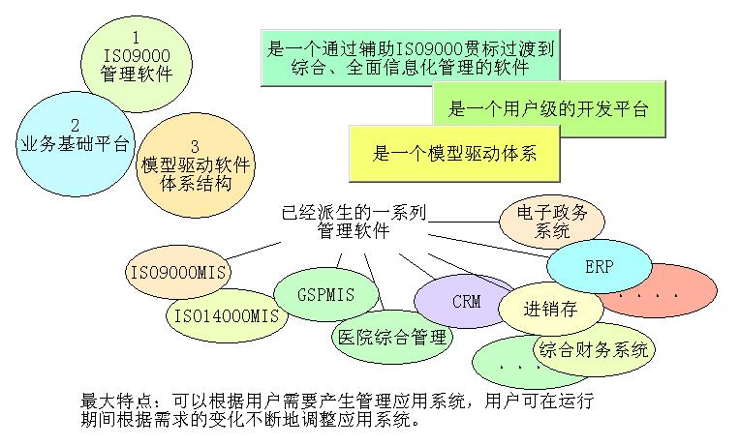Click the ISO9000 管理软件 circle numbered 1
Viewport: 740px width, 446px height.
pos(137,55)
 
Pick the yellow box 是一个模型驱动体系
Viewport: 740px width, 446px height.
pos(454,153)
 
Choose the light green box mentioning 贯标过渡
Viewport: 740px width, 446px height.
pos(412,56)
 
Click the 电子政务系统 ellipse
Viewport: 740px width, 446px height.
pos(553,222)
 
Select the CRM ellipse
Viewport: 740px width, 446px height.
pos(466,301)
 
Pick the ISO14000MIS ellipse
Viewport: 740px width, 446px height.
pos(224,315)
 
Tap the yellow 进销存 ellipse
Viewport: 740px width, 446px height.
pos(550,311)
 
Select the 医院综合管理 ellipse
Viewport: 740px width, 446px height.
pos(391,338)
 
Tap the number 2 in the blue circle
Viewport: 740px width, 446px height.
pos(75,126)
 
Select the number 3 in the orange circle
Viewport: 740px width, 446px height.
pos(195,146)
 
